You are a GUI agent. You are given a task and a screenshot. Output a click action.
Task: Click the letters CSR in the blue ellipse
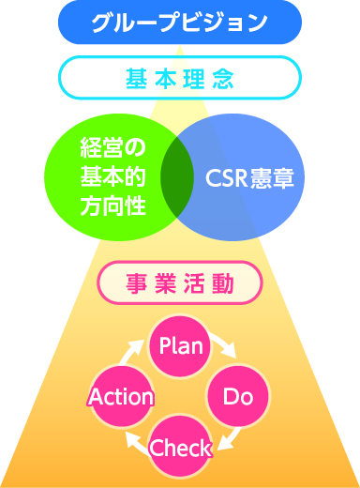(228, 177)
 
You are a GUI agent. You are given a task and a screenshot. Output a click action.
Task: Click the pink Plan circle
(181, 345)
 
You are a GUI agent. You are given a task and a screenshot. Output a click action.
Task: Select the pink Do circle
(238, 396)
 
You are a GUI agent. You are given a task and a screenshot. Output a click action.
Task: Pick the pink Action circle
(120, 396)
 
